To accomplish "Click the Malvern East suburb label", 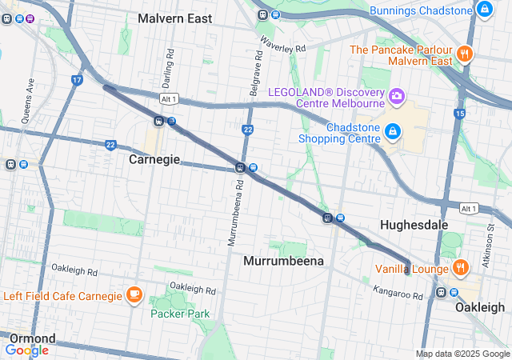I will (x=174, y=18).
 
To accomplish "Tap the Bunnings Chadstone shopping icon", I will (x=483, y=10).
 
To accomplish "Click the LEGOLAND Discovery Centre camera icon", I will (x=395, y=97).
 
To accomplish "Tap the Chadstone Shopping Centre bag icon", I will (x=393, y=131).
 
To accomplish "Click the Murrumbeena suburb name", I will (x=283, y=262).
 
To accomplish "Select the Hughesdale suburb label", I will (x=414, y=225).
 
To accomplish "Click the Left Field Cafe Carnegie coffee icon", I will (x=134, y=295).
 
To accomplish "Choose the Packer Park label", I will (x=180, y=314).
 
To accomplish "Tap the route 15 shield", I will (x=459, y=114).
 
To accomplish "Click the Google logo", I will (x=26, y=350).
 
